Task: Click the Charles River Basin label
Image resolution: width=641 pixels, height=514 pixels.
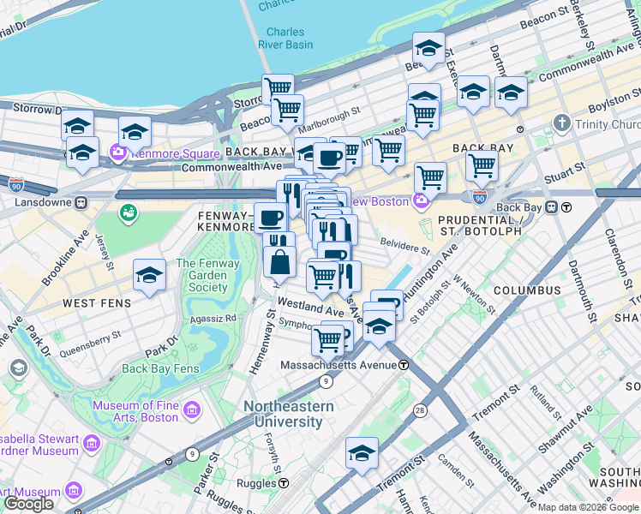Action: coord(285,39)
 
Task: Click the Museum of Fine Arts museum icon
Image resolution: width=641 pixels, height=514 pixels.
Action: coord(192,411)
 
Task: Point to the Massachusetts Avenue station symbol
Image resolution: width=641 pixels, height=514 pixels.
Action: coord(403,365)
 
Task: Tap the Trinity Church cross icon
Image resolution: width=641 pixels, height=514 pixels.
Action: coord(561,123)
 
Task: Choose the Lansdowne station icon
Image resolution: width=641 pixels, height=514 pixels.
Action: coord(80,203)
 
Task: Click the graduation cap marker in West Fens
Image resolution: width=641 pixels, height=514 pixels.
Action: coord(150,276)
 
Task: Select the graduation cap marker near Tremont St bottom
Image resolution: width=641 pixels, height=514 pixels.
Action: coord(362,453)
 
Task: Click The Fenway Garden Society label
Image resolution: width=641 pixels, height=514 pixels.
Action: coord(202,276)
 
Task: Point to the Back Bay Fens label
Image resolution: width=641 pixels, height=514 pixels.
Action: coord(160,369)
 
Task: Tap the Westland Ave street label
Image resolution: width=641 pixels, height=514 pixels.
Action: coord(309,308)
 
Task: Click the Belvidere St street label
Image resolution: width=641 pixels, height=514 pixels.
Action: coord(404,248)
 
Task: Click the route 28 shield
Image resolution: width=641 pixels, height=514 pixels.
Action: coord(420,411)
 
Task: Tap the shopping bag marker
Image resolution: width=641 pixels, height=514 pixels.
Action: coord(280,261)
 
